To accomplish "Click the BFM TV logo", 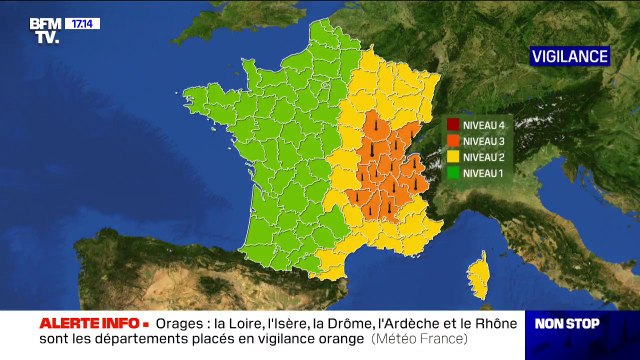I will click(44, 30).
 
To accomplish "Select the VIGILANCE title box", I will click(569, 56).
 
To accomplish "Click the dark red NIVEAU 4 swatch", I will click(453, 125).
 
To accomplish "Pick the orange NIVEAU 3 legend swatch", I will click(453, 141).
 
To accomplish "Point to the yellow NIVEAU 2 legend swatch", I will click(453, 157).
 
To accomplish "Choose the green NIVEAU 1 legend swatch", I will click(453, 173).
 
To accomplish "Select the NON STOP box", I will click(566, 323).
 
